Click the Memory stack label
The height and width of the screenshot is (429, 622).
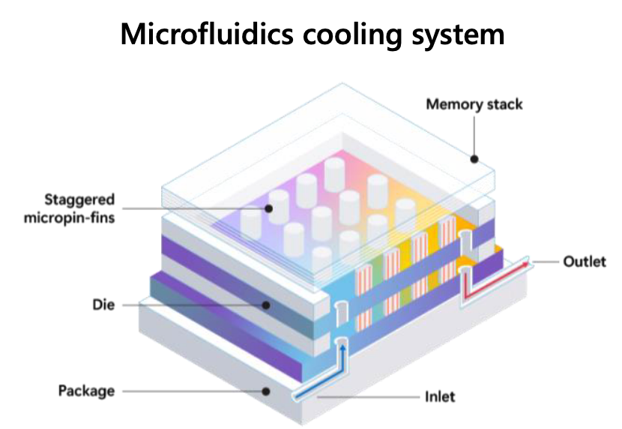(474, 103)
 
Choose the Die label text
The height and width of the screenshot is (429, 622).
(103, 305)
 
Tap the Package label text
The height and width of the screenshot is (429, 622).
(86, 391)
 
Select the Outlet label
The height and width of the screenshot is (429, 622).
(584, 262)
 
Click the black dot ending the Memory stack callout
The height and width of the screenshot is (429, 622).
(474, 158)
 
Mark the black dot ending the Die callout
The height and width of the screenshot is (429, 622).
(266, 305)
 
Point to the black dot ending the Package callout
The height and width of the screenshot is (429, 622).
(266, 391)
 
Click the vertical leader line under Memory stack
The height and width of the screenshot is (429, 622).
(474, 135)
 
